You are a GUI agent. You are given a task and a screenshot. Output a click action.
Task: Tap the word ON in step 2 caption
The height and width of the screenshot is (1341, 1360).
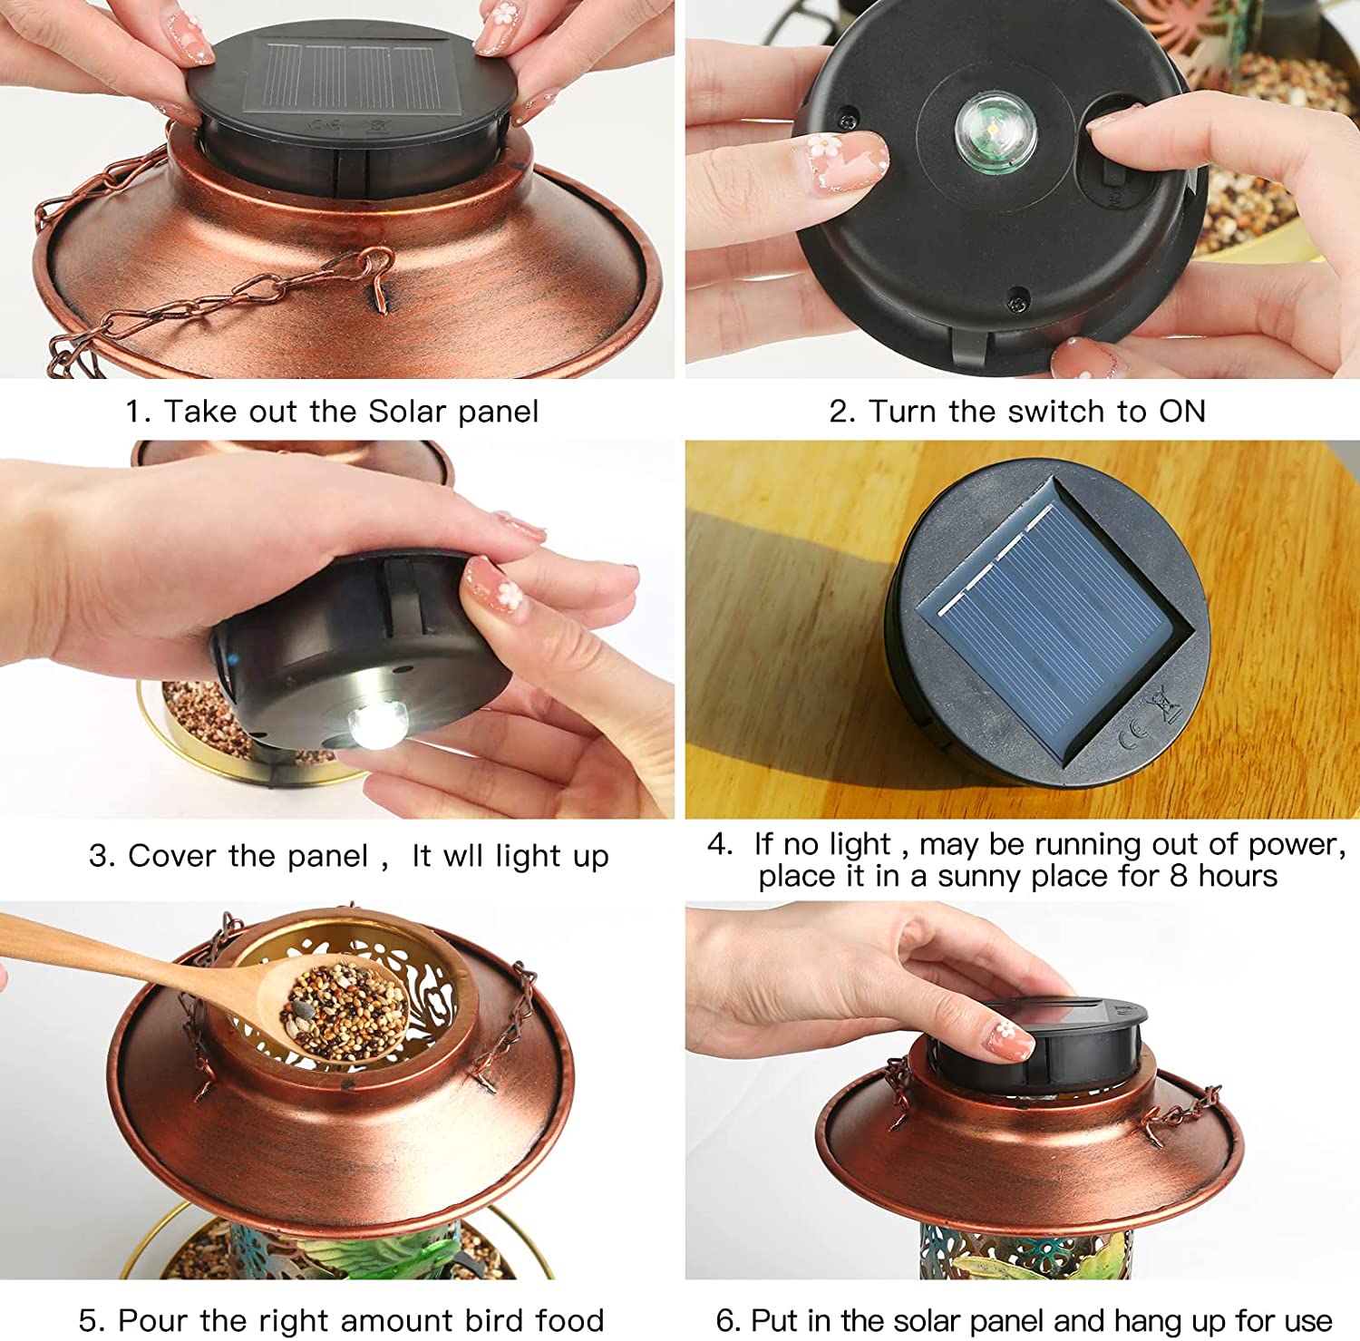pos(1182,412)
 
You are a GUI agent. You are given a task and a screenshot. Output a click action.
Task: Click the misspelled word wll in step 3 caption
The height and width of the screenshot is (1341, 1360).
pos(464,856)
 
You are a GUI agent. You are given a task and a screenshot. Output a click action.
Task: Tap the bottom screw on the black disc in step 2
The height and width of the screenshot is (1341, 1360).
pos(1017,295)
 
